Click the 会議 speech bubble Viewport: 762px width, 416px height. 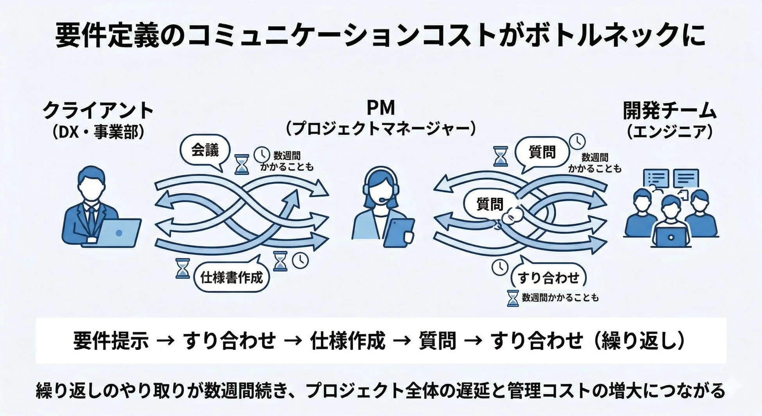205,150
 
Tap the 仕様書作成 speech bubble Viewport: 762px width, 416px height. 231,278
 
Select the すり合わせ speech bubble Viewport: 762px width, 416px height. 548,278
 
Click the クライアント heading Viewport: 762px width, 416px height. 98,110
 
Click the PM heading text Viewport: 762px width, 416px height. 381,108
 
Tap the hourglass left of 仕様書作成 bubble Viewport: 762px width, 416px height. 182,268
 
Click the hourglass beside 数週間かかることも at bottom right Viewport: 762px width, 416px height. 513,298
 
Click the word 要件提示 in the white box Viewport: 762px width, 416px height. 111,341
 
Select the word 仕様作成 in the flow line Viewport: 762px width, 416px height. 347,341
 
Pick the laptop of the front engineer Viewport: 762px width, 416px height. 671,237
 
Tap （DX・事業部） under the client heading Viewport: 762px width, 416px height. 98,132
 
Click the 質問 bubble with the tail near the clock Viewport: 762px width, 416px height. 542,152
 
